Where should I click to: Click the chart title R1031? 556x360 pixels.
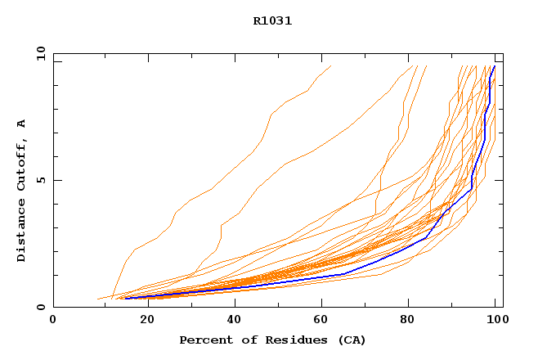pos(272,21)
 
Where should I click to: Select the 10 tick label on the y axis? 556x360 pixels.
pos(39,53)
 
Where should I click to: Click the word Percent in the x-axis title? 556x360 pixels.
pos(204,340)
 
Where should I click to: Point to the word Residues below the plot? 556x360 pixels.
pos(289,340)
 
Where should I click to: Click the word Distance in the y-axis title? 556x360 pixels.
pos(22,229)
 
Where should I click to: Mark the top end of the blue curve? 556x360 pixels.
pos(494,67)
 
